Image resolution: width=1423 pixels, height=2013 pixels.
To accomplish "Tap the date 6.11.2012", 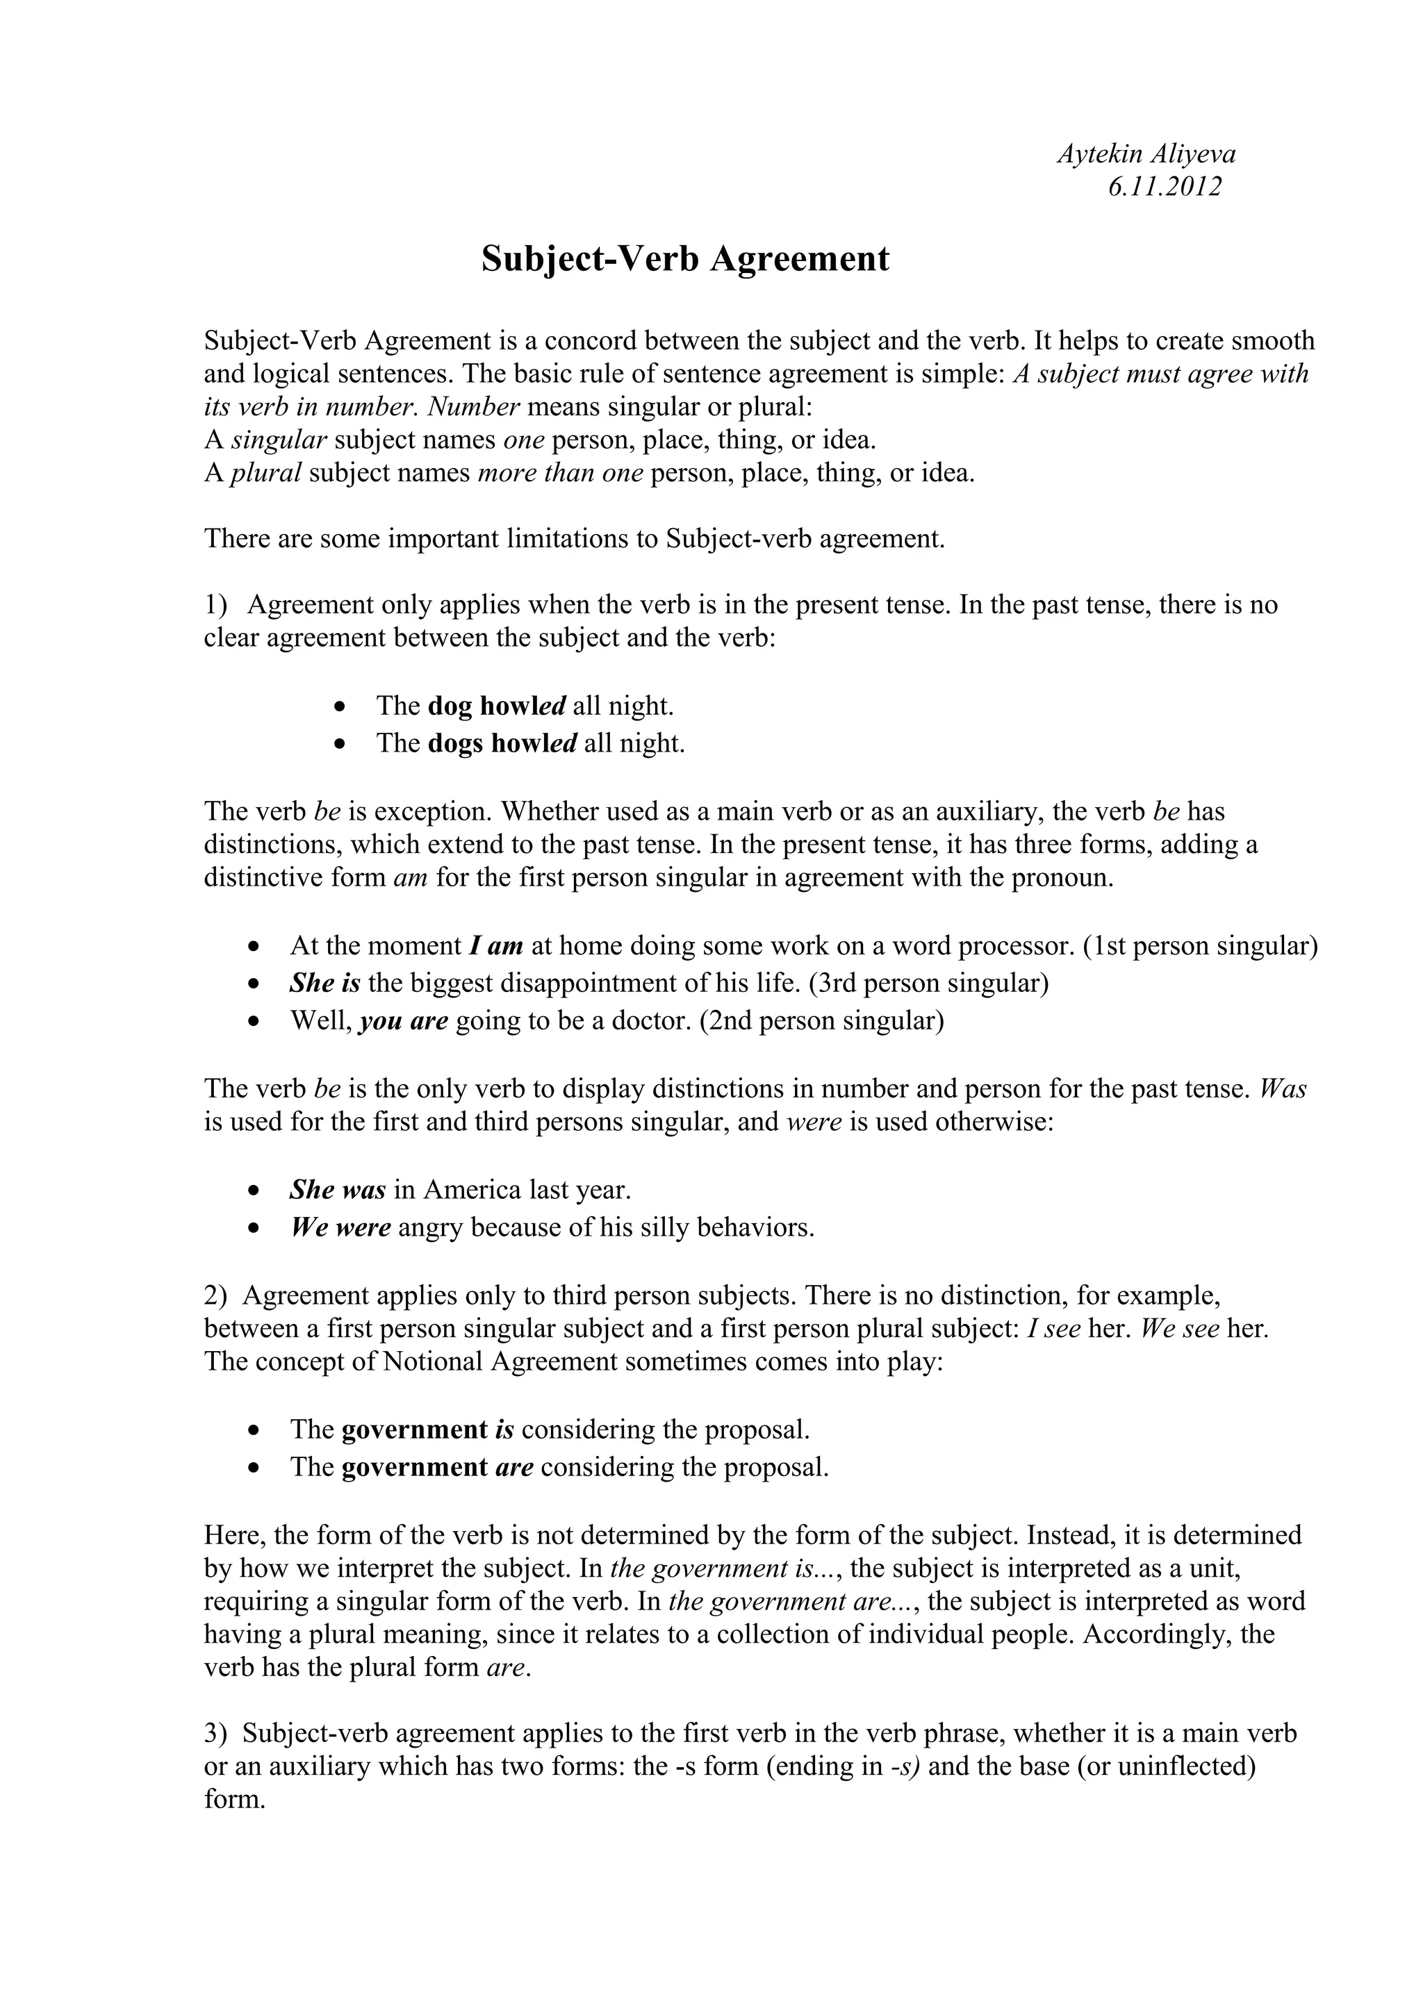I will tap(1165, 187).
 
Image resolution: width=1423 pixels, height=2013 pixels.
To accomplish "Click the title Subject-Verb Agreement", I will tap(685, 258).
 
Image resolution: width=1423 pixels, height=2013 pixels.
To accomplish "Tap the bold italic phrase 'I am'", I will tap(496, 946).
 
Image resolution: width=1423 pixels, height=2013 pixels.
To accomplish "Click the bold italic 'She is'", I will tap(324, 983).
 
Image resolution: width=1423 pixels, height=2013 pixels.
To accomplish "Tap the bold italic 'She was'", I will tap(338, 1190).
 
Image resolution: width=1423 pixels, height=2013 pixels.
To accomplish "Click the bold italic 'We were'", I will tap(340, 1227).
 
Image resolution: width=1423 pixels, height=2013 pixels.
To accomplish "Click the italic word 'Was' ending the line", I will tap(1282, 1089).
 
